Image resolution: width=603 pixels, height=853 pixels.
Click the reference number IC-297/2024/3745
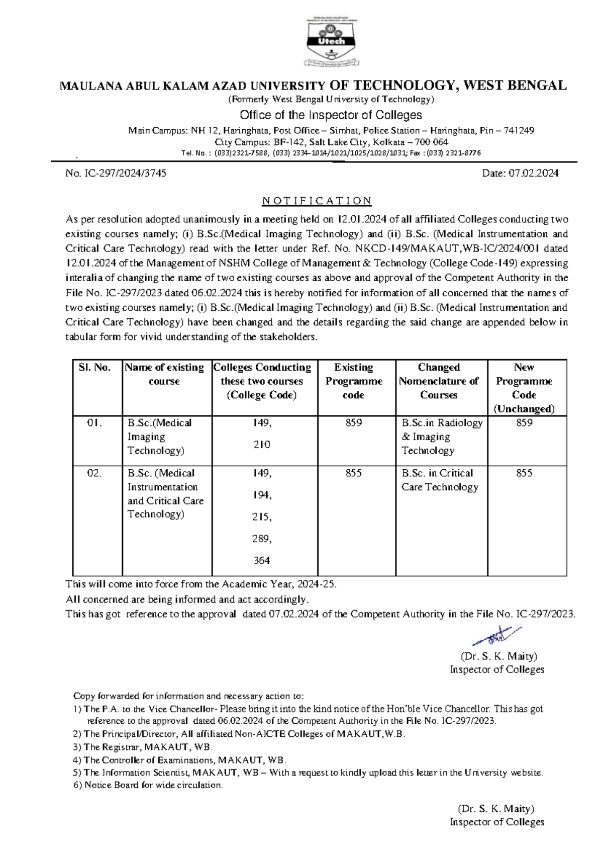pos(116,174)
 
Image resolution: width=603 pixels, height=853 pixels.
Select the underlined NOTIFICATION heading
pos(317,201)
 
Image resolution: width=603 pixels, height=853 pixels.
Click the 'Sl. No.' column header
pos(95,368)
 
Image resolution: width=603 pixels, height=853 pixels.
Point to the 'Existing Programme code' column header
pos(354,381)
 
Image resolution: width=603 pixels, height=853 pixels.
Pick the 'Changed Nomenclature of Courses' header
pos(439,381)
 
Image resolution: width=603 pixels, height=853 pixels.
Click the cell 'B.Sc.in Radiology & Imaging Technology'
pos(442,437)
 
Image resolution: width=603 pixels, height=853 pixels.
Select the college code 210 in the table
pos(262,445)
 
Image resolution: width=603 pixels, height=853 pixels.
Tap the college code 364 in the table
pos(262,560)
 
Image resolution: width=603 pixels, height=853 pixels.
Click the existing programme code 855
pos(354,473)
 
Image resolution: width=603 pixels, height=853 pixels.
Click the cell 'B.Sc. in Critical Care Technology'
pos(439,480)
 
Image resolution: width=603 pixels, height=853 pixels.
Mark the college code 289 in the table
pos(262,539)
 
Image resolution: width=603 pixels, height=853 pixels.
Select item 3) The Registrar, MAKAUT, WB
pos(143,747)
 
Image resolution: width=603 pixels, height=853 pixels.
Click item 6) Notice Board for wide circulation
pos(148,785)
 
